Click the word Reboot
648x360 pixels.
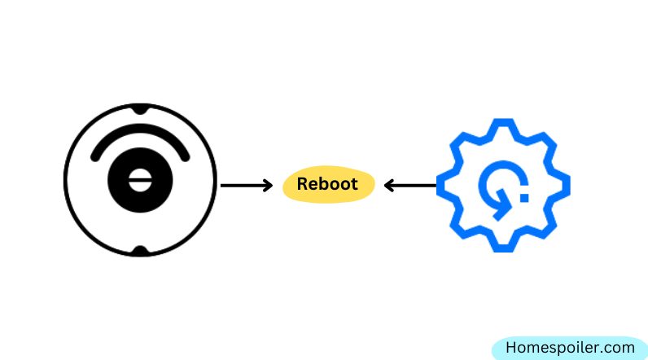(x=327, y=184)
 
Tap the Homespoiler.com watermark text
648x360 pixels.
(x=570, y=348)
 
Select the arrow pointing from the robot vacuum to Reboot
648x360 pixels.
(x=247, y=186)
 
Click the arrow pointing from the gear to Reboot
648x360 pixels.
(x=410, y=186)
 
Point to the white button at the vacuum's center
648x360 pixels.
(x=140, y=180)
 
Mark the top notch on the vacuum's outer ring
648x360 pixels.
(x=140, y=109)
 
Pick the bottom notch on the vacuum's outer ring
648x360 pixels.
(x=140, y=251)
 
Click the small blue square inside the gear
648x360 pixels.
(x=524, y=198)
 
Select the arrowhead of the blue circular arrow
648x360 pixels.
(x=502, y=205)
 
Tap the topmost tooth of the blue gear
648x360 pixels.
(x=503, y=124)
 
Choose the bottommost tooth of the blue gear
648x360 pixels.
(x=503, y=247)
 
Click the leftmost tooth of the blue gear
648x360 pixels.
(x=442, y=186)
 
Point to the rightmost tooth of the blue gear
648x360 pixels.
(x=565, y=186)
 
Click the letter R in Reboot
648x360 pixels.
(x=302, y=184)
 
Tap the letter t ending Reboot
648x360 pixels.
(x=354, y=184)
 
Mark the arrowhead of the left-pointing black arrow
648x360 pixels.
(x=388, y=186)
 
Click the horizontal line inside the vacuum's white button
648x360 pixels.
(x=140, y=180)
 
